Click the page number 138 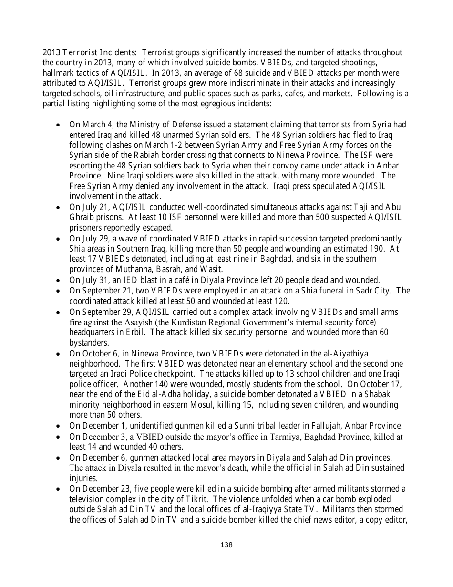(x=226, y=545)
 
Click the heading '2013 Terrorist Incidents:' (x=90, y=52)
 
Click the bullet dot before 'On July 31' (x=58, y=281)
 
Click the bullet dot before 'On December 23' (x=58, y=489)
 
